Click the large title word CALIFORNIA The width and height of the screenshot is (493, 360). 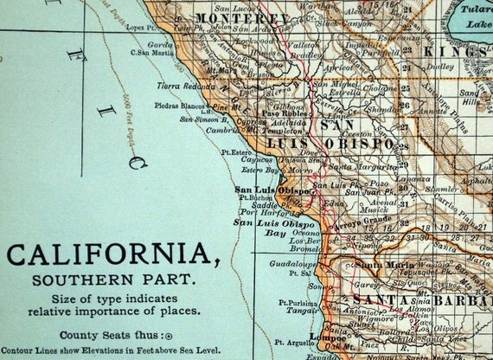coord(108,255)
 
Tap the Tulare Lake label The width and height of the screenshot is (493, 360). coord(471,16)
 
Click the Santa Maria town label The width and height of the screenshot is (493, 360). coord(380,264)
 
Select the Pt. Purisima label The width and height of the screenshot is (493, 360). coord(294,303)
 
